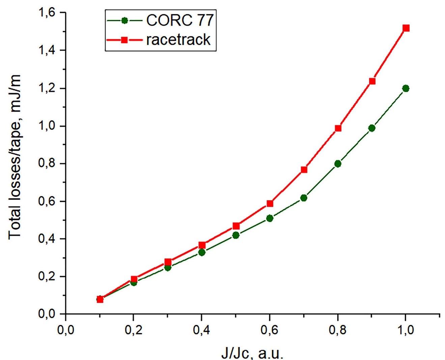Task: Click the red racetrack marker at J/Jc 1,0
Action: click(406, 28)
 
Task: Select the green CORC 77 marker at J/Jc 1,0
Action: click(406, 88)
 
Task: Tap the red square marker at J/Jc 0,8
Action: click(338, 128)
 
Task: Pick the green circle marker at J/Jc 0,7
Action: click(304, 198)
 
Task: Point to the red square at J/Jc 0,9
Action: click(372, 81)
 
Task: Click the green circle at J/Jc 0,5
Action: click(236, 235)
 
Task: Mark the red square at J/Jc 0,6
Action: click(270, 204)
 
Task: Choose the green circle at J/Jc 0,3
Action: click(168, 267)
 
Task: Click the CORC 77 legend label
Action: click(179, 21)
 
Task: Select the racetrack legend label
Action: click(178, 40)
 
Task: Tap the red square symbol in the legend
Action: click(124, 40)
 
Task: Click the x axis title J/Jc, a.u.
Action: click(252, 353)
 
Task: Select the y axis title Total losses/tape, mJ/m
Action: click(15, 157)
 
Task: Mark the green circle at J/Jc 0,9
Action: click(372, 128)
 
